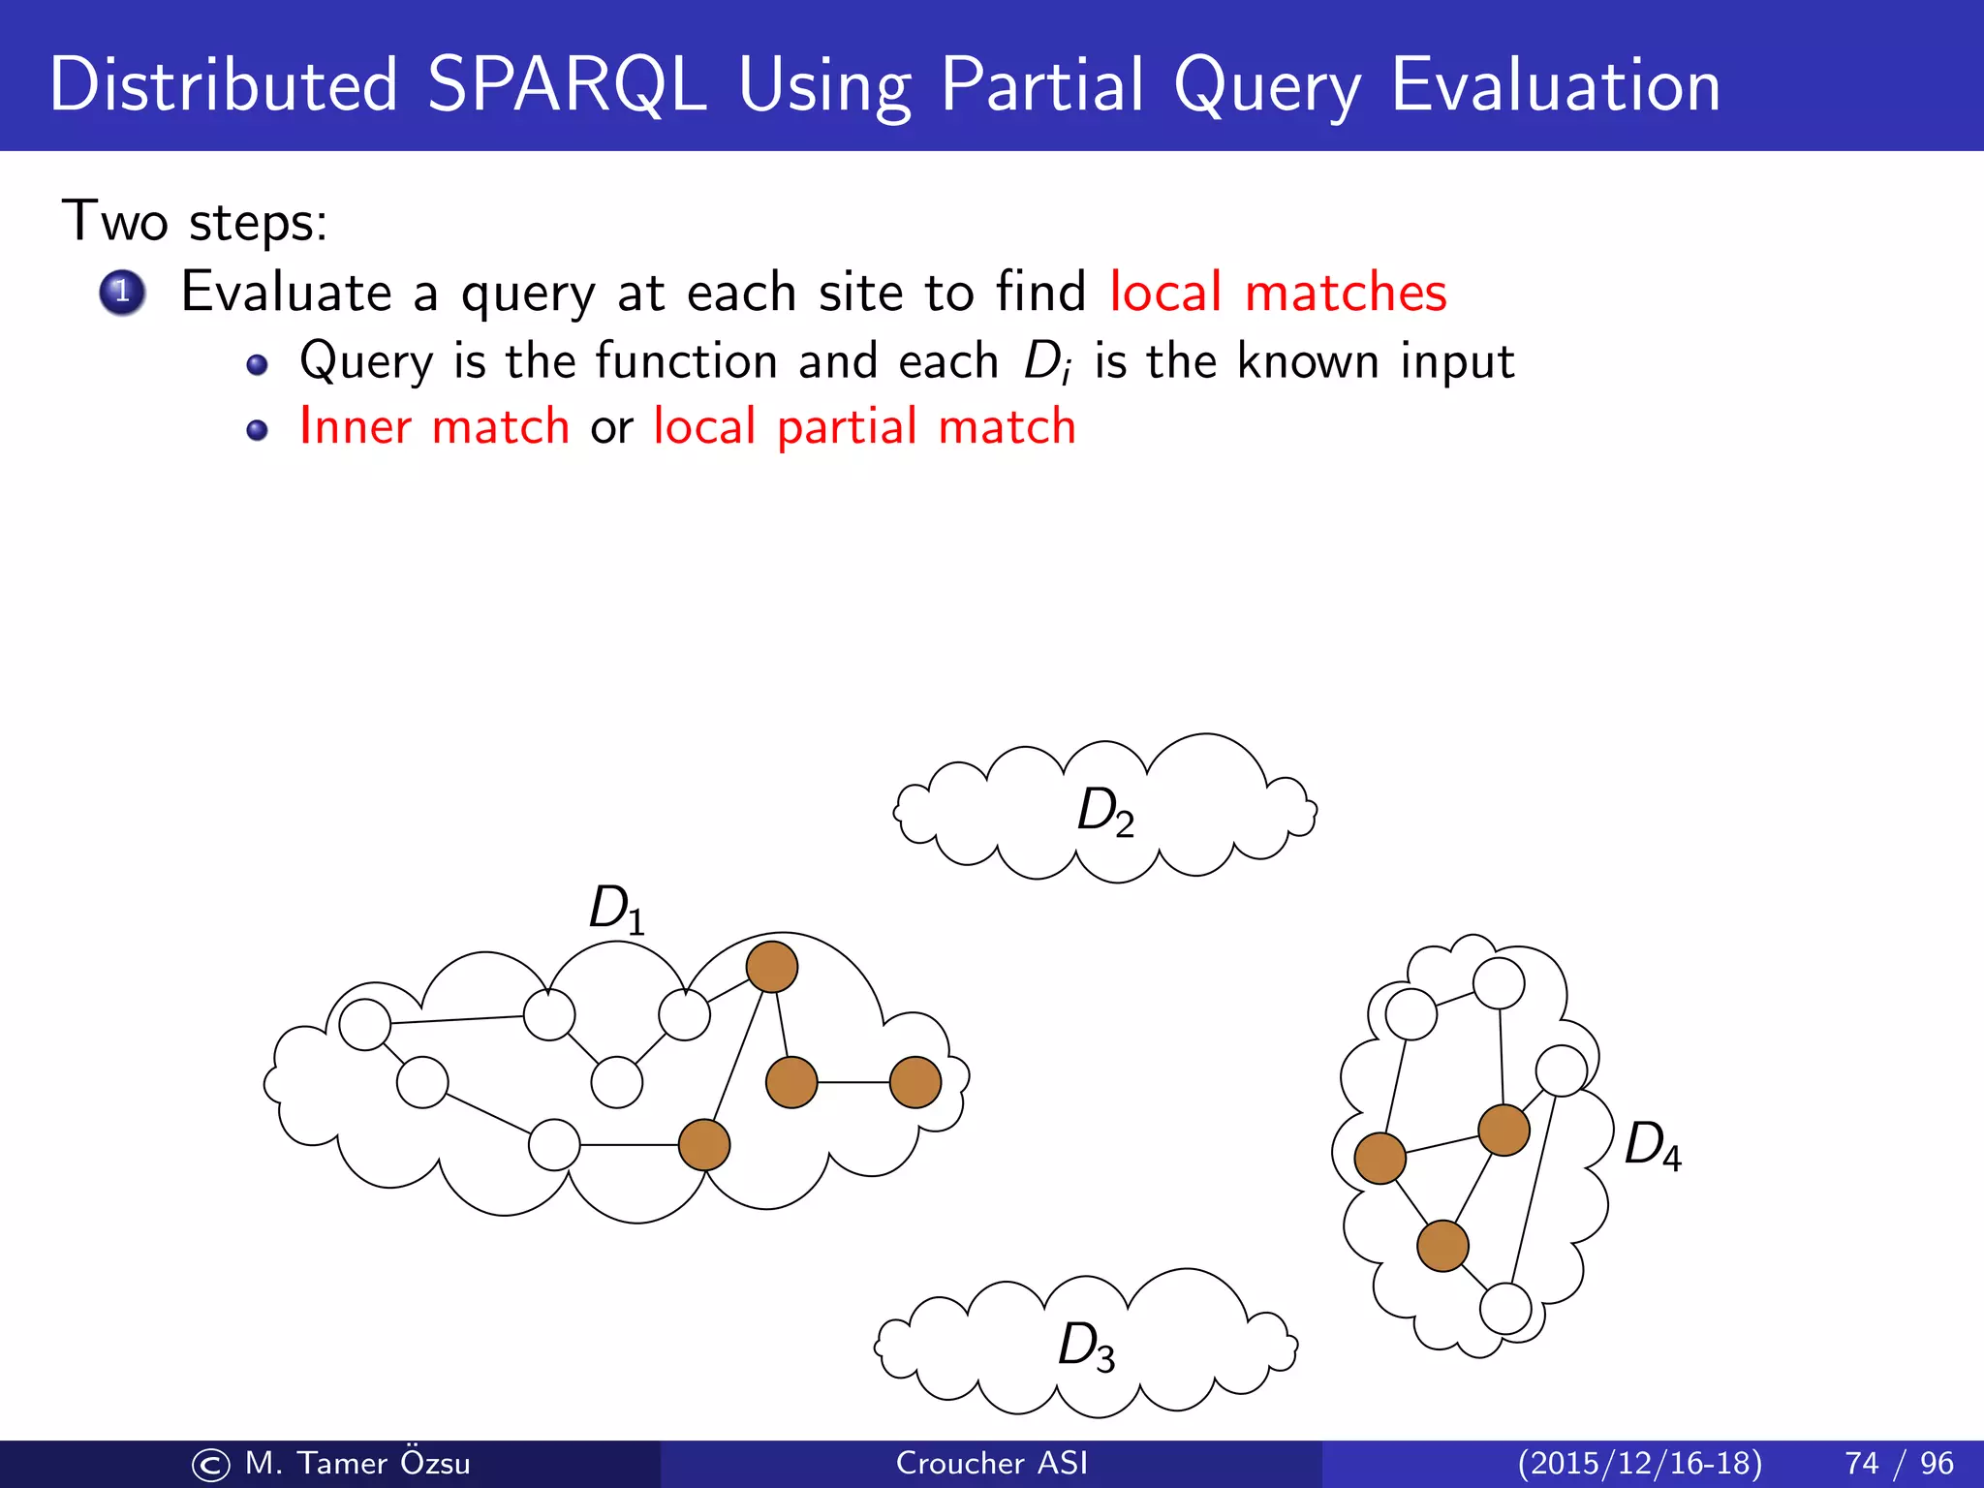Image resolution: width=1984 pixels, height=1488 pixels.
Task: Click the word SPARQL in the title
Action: click(x=567, y=85)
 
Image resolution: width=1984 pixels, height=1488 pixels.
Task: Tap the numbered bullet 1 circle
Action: click(x=122, y=292)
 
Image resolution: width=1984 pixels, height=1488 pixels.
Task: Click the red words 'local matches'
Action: click(x=1277, y=292)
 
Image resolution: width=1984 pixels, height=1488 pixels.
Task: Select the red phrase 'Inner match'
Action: click(x=434, y=426)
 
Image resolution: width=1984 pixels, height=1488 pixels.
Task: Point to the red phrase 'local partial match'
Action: click(x=864, y=426)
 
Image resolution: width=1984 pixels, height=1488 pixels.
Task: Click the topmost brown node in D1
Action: click(x=772, y=967)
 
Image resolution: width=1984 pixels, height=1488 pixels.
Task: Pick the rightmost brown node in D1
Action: click(x=915, y=1082)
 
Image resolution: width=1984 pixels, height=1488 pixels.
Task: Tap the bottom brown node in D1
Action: click(x=704, y=1145)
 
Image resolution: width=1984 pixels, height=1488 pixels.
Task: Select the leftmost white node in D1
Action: click(x=365, y=1024)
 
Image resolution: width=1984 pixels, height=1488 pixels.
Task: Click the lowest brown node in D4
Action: click(x=1442, y=1246)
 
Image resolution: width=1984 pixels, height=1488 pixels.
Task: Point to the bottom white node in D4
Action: click(x=1505, y=1309)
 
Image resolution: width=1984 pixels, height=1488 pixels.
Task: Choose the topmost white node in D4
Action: click(x=1499, y=983)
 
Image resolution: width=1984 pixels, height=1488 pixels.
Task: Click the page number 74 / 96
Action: click(x=1899, y=1463)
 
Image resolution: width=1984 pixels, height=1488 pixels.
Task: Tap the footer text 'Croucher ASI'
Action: click(x=991, y=1463)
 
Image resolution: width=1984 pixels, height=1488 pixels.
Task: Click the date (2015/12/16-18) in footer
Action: click(x=1639, y=1463)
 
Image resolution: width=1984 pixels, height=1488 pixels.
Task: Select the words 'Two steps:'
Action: click(x=195, y=222)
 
